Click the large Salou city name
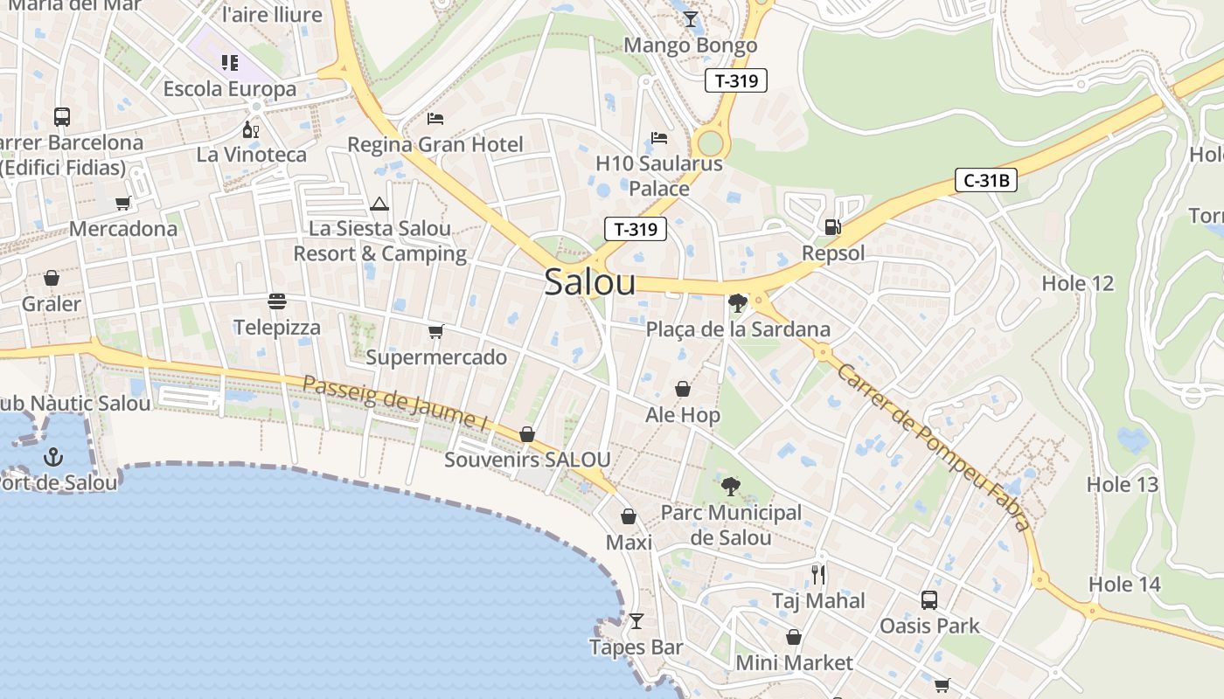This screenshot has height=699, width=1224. [590, 282]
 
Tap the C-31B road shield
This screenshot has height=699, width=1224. [985, 181]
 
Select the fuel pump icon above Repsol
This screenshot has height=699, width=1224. [833, 227]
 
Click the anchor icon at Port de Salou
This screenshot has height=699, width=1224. [53, 456]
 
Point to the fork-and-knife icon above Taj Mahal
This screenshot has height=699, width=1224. [818, 574]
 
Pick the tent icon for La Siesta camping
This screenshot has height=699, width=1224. [379, 204]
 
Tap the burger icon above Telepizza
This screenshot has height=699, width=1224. [277, 301]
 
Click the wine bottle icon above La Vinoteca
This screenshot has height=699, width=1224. [251, 130]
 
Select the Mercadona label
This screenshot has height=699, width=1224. [123, 229]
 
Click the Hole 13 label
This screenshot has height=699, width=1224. [1123, 484]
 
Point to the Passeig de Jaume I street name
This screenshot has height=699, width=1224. [395, 403]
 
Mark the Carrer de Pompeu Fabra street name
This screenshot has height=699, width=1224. [933, 446]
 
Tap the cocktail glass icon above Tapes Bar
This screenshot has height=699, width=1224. [636, 621]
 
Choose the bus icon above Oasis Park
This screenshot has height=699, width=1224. [929, 600]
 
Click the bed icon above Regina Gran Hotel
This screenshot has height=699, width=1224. [435, 118]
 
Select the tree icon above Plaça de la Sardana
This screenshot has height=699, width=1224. [737, 303]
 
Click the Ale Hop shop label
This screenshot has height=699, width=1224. [683, 415]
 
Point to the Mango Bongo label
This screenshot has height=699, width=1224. [691, 45]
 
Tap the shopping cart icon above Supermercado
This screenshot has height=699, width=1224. [435, 331]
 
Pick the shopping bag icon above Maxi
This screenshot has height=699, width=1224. [628, 516]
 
